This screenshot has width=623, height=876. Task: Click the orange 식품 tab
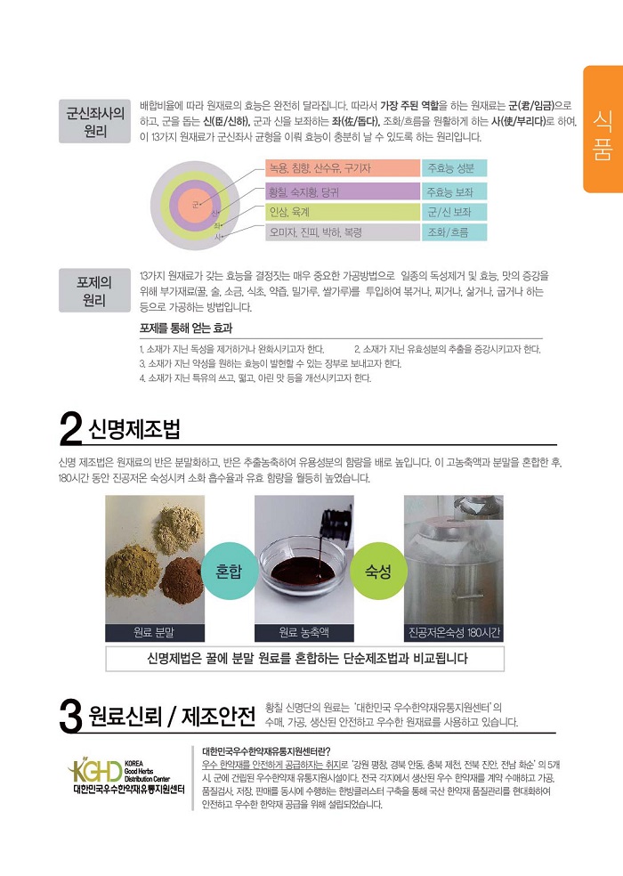click(603, 129)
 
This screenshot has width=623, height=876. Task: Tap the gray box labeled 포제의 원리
click(95, 291)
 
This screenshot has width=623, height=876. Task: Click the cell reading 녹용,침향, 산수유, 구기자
click(343, 169)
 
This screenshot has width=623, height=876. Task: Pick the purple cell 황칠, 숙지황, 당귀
click(343, 191)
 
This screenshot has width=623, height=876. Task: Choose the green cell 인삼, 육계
click(343, 213)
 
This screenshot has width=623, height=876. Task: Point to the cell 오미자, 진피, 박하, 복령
click(343, 233)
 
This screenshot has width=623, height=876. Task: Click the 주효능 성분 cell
click(455, 169)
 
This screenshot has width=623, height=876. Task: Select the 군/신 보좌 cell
click(455, 213)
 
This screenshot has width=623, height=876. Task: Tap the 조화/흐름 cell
click(455, 233)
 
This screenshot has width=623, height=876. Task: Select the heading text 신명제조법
click(134, 431)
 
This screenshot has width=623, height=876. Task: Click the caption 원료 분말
click(154, 632)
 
